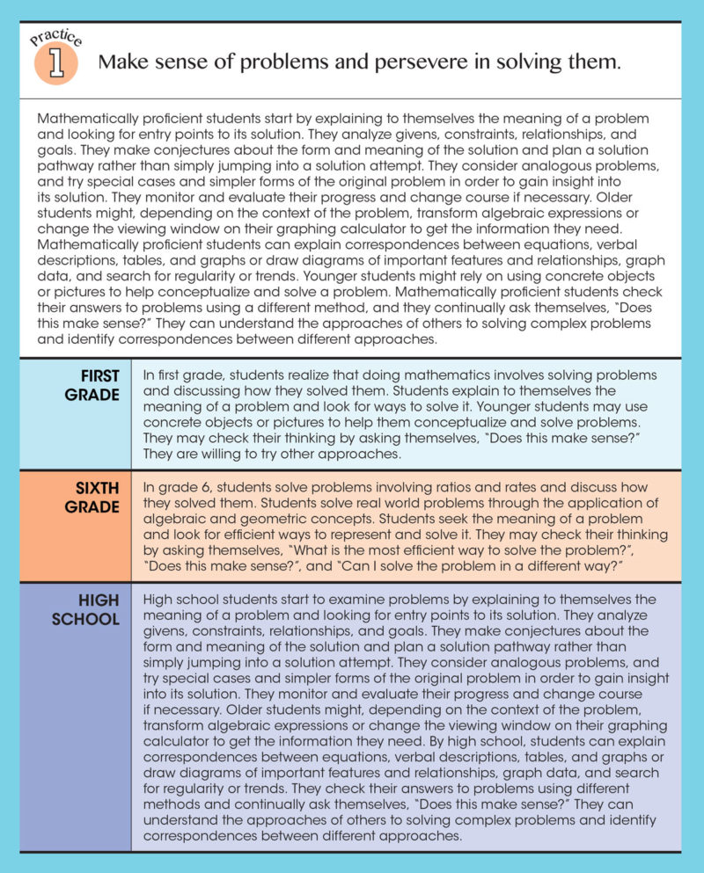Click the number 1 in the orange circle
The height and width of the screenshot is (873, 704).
[55, 66]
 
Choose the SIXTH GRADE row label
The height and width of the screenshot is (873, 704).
[92, 498]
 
